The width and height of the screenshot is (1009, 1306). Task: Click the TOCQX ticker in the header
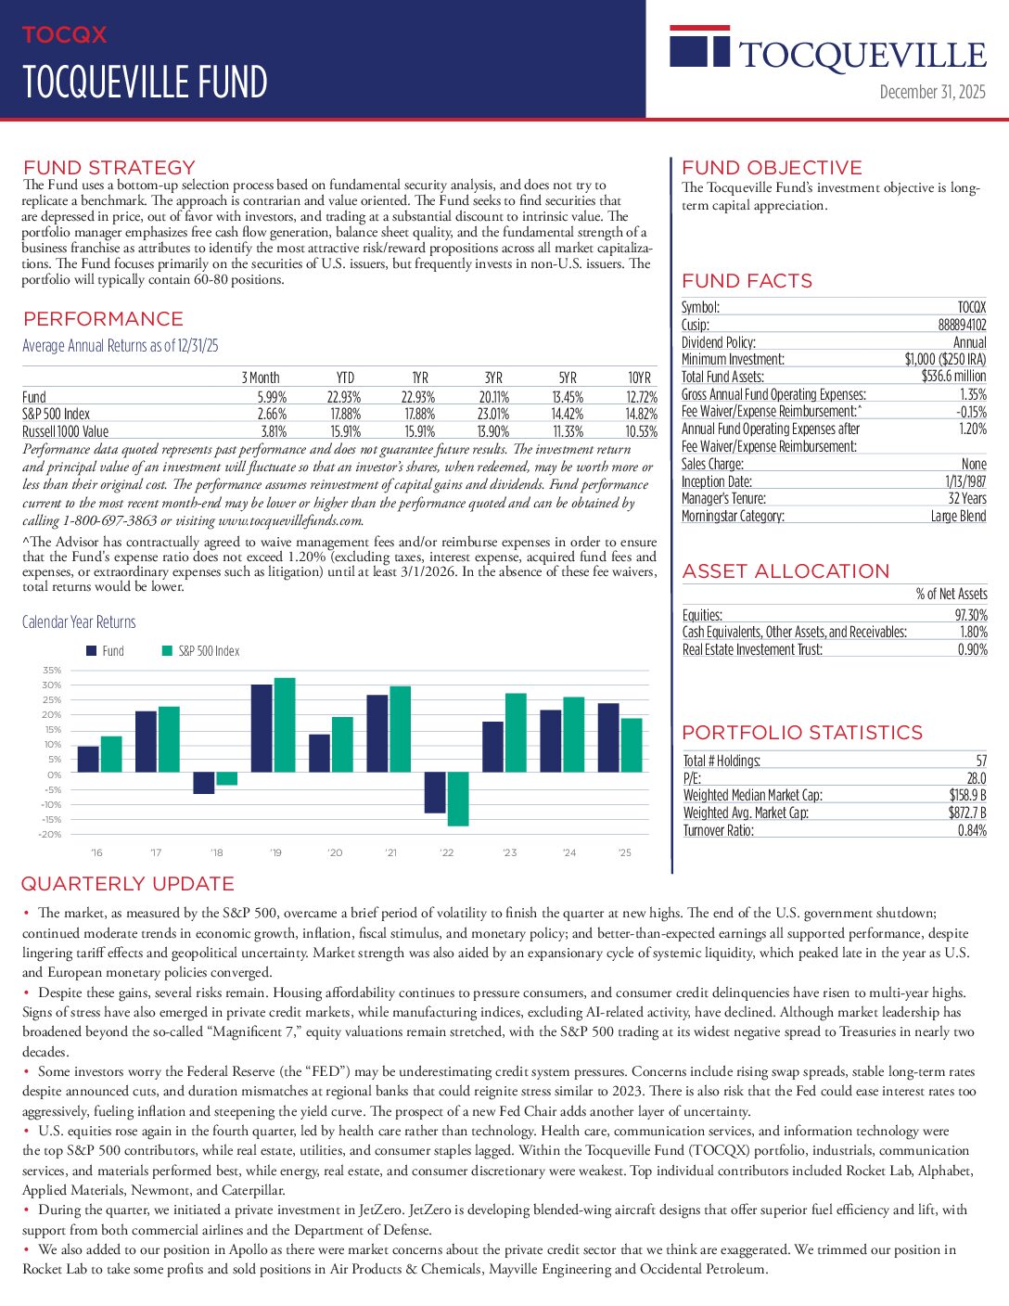coord(64,35)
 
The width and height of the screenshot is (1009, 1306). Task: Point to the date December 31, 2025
coord(932,92)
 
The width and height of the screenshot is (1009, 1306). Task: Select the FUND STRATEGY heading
coord(109,168)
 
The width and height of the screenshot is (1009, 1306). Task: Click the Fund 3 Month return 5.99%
coord(272,397)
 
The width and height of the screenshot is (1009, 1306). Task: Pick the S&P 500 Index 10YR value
coord(641,415)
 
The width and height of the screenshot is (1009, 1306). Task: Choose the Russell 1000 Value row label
coord(65,431)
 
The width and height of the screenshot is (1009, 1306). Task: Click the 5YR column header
coord(568,378)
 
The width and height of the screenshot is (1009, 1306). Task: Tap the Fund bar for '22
coord(435,793)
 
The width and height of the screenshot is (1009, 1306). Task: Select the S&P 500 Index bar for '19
coord(285,725)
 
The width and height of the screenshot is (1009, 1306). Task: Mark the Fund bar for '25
coord(608,737)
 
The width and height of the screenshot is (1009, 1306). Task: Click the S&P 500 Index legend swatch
coord(168,651)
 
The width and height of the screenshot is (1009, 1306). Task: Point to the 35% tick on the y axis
coord(52,670)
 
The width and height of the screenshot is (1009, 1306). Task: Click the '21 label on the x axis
coord(390,852)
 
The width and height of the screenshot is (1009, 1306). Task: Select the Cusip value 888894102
coord(962,325)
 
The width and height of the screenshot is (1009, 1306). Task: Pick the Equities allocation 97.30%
coord(971,615)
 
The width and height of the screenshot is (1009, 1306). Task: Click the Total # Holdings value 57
coord(981,761)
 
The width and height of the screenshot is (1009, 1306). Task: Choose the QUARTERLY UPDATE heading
coord(127,884)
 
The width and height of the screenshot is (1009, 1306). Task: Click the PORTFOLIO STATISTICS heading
coord(802,733)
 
